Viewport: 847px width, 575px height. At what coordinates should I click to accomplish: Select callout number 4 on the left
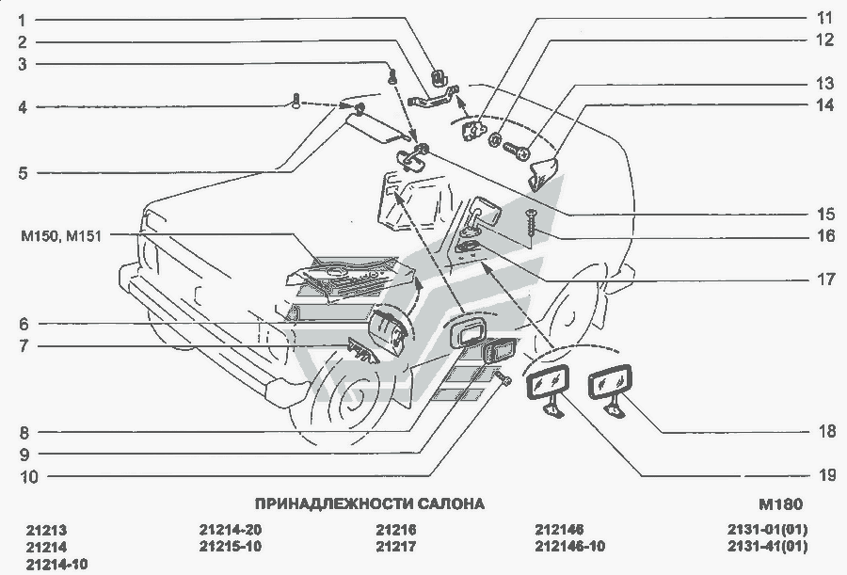(x=22, y=107)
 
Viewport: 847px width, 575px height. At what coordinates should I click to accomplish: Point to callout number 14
(x=824, y=106)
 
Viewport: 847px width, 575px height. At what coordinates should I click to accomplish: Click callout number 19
(x=825, y=475)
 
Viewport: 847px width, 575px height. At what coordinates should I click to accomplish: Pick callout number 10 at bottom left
(x=27, y=476)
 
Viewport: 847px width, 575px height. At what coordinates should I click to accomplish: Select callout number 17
(x=824, y=280)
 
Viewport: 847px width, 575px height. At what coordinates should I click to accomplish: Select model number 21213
(x=47, y=530)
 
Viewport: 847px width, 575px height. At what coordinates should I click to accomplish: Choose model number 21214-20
(x=231, y=530)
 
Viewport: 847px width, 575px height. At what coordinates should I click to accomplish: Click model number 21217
(x=395, y=547)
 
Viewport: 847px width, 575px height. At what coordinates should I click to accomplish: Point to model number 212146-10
(x=569, y=547)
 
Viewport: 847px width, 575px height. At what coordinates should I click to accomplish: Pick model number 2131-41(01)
(x=768, y=547)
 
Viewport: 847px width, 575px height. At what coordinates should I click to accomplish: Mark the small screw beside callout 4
(x=296, y=101)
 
